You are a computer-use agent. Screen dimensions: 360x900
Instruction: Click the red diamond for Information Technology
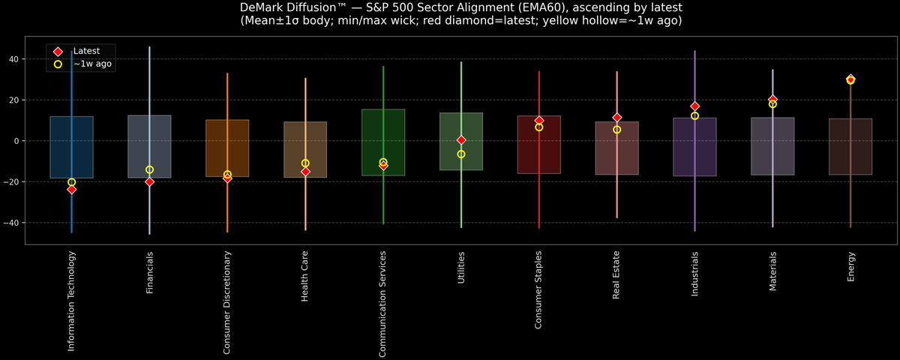71,190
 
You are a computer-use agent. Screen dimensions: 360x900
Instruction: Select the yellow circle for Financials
149,169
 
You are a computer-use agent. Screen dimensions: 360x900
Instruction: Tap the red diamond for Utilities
461,140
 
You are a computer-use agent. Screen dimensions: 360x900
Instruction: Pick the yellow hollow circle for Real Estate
616,130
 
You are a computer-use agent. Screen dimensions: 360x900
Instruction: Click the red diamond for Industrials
694,106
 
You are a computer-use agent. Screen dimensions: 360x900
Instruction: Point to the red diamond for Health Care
305,172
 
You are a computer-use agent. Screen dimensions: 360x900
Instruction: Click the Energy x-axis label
851,267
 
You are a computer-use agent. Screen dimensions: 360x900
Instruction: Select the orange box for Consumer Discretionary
227,148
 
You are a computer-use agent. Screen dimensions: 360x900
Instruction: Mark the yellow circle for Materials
772,104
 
